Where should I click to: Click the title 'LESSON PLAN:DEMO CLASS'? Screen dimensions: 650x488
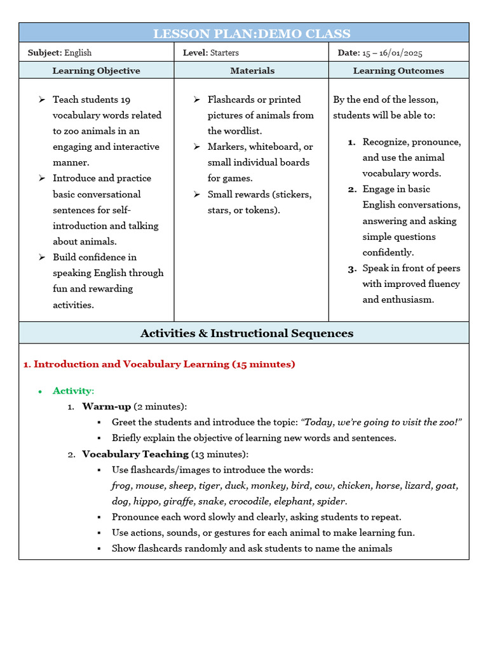[252, 34]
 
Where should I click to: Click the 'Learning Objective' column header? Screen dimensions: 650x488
[96, 70]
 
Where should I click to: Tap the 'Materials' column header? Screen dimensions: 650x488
[252, 70]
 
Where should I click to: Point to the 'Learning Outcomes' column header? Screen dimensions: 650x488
[398, 70]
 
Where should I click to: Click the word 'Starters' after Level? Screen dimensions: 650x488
[227, 53]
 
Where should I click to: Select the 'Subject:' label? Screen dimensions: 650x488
[44, 53]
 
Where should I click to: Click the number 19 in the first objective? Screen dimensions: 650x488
[125, 100]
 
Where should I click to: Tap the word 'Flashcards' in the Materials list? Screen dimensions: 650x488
[229, 100]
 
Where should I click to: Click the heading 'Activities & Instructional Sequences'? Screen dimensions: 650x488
[247, 333]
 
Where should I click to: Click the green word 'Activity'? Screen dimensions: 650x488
[72, 391]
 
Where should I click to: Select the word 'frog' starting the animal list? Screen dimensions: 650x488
[121, 486]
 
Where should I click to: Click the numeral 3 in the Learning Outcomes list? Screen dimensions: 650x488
[351, 269]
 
